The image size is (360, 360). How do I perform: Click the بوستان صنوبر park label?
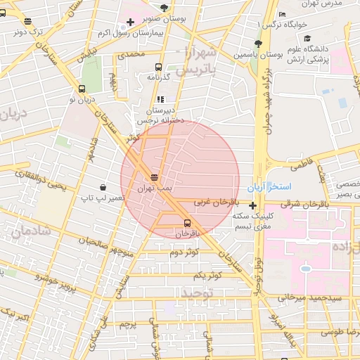165,20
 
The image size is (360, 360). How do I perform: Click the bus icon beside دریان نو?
82,89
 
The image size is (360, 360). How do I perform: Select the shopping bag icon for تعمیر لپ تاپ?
103,187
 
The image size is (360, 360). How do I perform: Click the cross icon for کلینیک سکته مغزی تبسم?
253,205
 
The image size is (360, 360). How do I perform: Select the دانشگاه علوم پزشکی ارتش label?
306,58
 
